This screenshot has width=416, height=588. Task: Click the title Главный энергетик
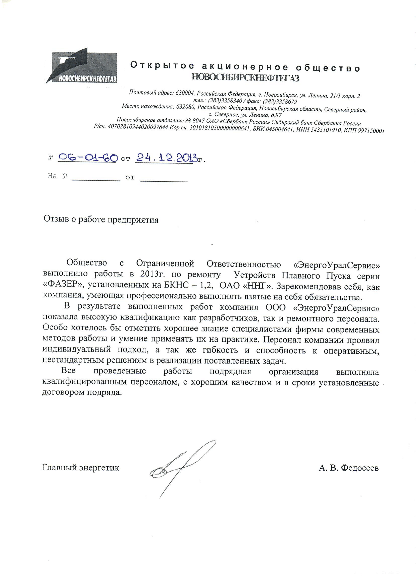[80, 468]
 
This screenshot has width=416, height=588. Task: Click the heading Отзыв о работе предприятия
[101, 219]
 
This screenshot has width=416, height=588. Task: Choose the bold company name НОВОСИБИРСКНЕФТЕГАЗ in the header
[245, 78]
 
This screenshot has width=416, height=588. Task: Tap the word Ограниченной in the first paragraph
[165, 263]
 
